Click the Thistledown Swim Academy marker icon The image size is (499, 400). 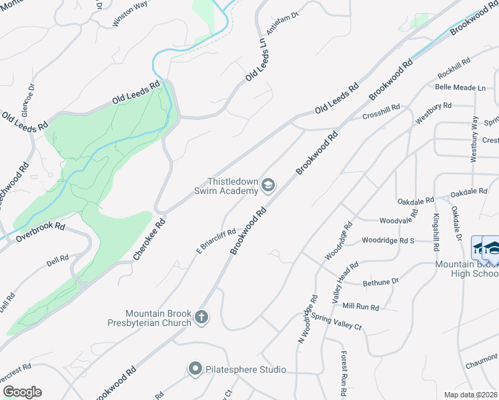(x=268, y=185)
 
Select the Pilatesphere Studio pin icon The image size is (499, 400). (x=195, y=369)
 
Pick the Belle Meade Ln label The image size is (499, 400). (x=460, y=87)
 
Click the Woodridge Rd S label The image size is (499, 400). (x=388, y=240)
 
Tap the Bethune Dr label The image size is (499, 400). (x=380, y=282)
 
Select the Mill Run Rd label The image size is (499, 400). (x=360, y=307)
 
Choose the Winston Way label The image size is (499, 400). (x=129, y=15)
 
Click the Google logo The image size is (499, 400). (x=22, y=391)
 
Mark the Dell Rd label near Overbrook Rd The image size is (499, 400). (x=58, y=258)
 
